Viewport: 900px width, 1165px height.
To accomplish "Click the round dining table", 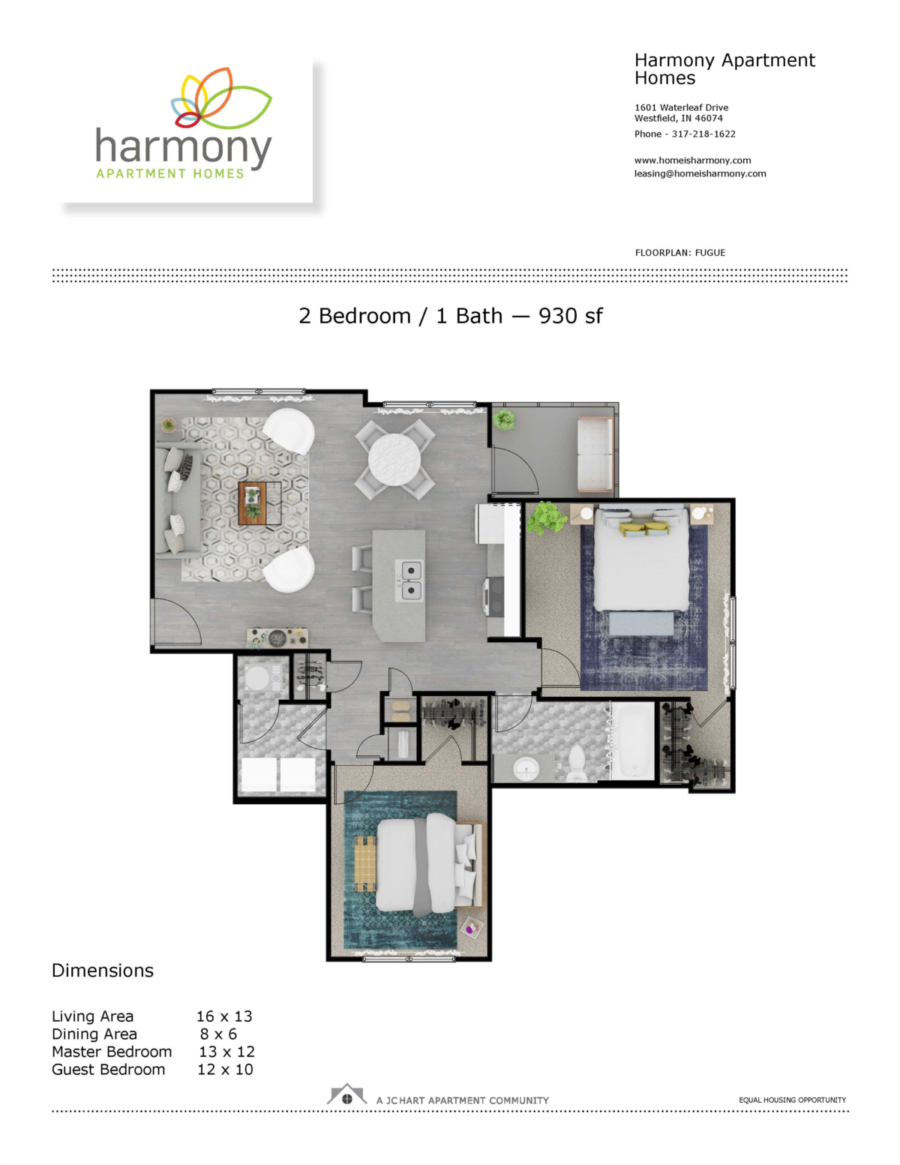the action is click(x=394, y=459).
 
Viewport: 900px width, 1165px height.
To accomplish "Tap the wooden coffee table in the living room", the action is click(x=259, y=503).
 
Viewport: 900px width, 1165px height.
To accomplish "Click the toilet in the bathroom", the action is click(x=576, y=762).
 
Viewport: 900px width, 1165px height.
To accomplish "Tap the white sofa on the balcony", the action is click(x=595, y=455).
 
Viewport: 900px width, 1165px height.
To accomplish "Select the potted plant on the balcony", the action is click(x=503, y=419).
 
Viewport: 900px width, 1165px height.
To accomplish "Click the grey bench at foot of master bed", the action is click(x=642, y=623).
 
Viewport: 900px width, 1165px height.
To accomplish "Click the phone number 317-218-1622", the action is click(x=703, y=134).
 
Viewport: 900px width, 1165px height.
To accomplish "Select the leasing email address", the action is click(x=700, y=174).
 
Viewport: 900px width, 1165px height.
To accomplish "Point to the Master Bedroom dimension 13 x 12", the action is click(x=226, y=1051).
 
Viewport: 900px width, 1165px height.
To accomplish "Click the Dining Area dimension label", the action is click(x=94, y=1034).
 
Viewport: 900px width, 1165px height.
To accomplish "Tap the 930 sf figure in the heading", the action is click(x=570, y=316).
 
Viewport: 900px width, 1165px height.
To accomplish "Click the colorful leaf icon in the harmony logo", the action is click(x=221, y=98).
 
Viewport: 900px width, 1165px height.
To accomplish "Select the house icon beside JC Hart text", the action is click(x=346, y=1094).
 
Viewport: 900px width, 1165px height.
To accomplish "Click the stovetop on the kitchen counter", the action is click(x=493, y=598).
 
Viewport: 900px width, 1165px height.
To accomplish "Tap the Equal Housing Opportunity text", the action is click(x=792, y=1100).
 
